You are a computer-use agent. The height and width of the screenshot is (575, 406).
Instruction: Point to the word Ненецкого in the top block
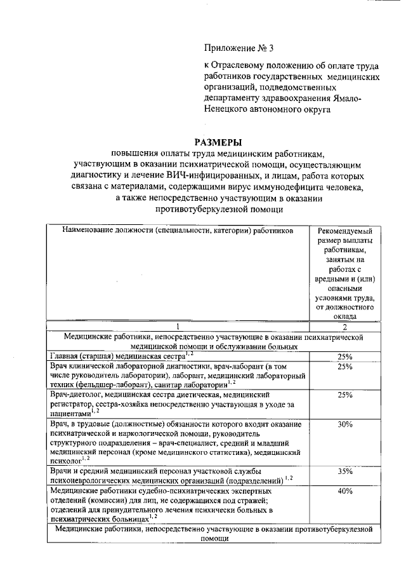click(225, 109)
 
